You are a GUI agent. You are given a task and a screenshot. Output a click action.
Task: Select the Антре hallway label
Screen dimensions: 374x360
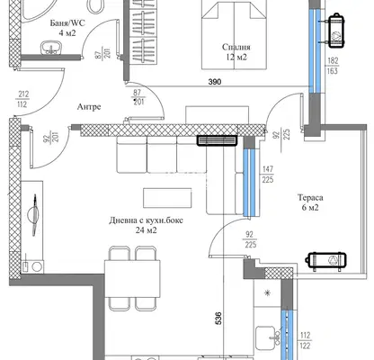click(89, 107)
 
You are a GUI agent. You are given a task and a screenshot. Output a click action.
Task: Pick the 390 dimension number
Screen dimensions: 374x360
click(215, 82)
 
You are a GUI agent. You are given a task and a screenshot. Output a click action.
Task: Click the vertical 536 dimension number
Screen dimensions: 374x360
click(218, 318)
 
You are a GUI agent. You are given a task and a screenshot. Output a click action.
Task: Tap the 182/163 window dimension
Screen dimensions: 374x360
click(333, 66)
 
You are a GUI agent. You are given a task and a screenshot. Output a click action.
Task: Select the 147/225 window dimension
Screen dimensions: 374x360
click(268, 175)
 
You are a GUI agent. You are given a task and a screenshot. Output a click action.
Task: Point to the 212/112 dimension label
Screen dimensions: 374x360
click(22, 99)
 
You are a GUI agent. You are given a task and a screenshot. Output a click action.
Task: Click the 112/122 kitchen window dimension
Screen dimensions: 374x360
click(305, 340)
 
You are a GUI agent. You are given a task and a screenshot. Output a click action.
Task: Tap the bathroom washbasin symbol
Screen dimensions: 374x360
click(50, 48)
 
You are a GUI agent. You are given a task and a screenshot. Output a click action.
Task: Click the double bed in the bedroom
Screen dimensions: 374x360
click(234, 34)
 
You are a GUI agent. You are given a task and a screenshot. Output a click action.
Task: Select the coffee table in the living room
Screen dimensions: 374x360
click(167, 198)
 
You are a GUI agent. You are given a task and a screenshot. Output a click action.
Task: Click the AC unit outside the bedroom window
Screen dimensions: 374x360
click(336, 31)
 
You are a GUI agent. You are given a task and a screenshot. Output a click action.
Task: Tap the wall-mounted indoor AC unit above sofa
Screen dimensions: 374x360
click(217, 140)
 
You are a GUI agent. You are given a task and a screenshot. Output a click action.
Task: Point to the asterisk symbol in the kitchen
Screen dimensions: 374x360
click(267, 293)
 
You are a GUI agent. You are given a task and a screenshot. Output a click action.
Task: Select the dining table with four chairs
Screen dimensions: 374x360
click(132, 278)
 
